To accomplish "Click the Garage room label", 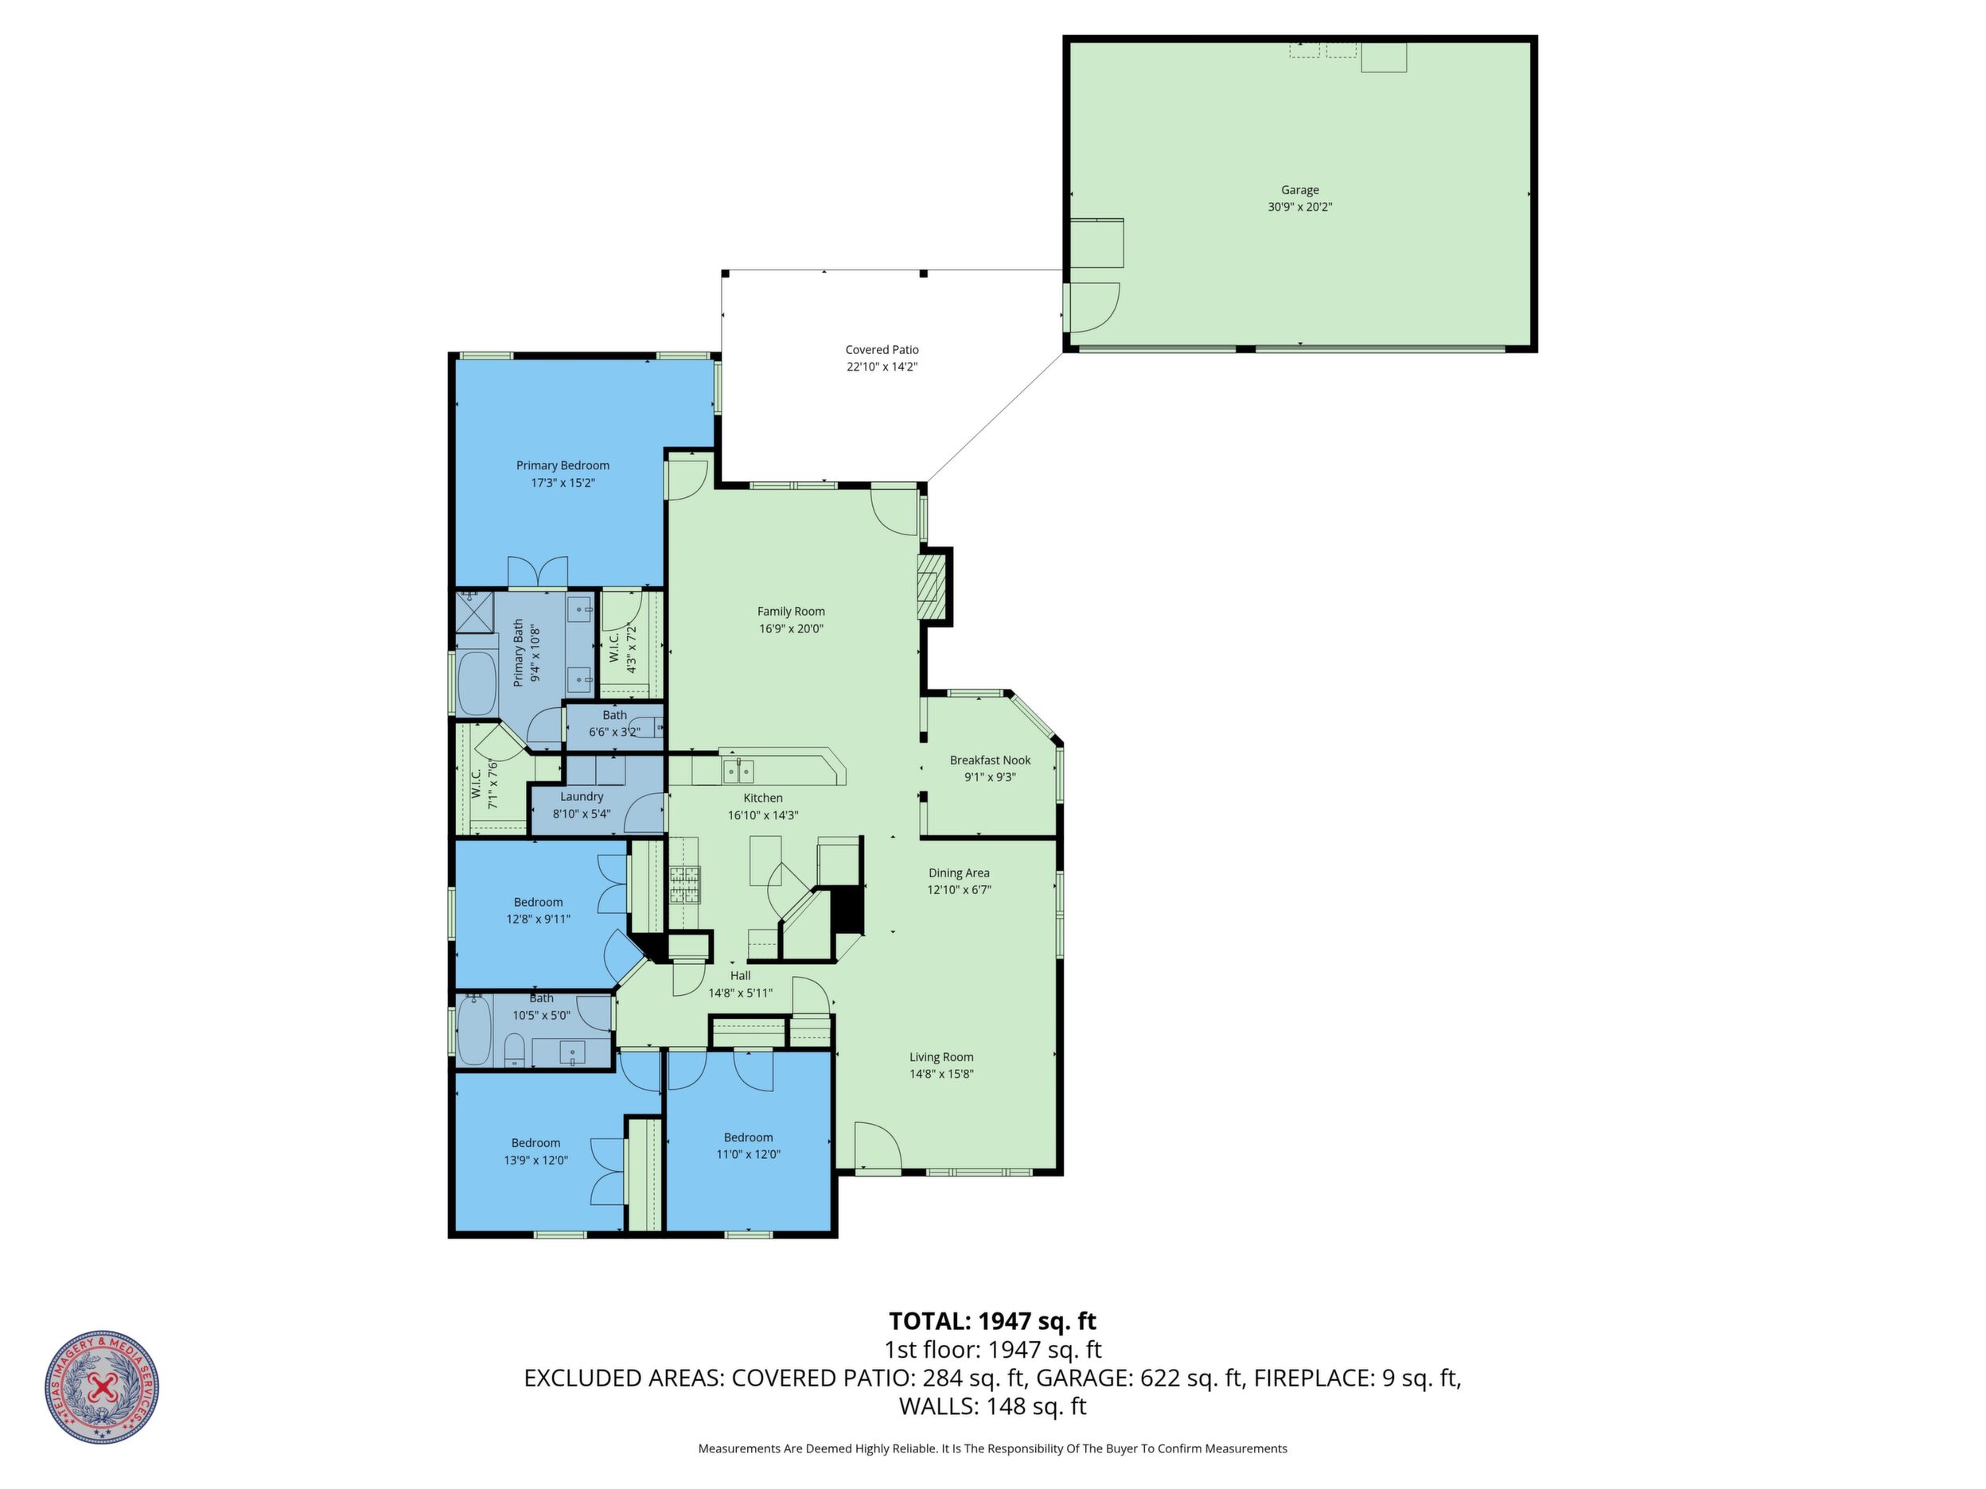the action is [1299, 190].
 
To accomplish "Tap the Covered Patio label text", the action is [882, 350].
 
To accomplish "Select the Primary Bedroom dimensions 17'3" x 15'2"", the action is [563, 483].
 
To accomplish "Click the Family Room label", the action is [791, 611].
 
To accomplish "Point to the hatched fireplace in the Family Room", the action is [933, 586].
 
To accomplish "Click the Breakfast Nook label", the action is [991, 760].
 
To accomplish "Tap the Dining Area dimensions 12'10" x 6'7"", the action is [959, 889].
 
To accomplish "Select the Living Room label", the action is [941, 1057].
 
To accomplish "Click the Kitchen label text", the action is [763, 798].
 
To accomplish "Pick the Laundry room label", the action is [582, 797].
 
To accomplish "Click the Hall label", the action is [741, 976].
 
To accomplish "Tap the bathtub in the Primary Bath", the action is [477, 683].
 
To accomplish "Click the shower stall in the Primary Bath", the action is [475, 610].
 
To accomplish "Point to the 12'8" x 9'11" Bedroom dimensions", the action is [539, 919].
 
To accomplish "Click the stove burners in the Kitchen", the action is [684, 885].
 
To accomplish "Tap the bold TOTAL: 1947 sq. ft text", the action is [992, 1321].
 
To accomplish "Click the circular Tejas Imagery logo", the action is [103, 1386].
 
